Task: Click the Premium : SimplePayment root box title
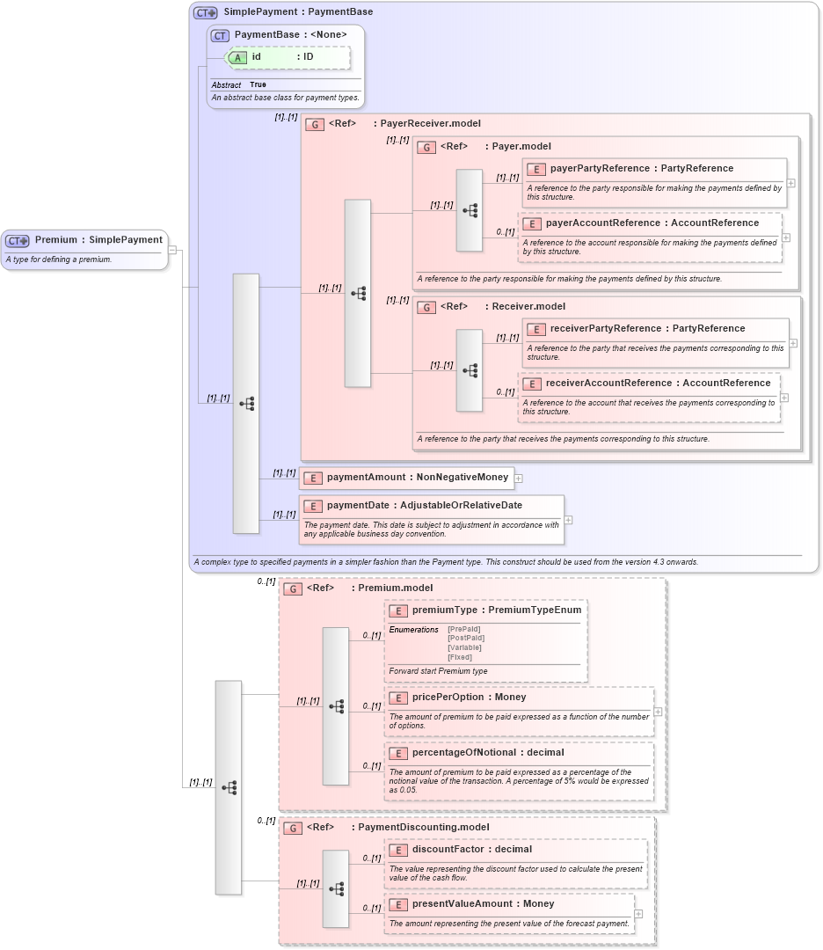[x=98, y=240]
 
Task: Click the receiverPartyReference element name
[x=605, y=328]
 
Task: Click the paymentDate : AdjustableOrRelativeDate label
[x=424, y=506]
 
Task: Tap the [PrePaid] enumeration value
[x=463, y=630]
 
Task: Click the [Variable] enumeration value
[x=464, y=648]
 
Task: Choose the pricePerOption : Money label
[x=469, y=697]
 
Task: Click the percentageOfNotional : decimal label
[x=488, y=752]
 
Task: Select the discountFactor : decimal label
[x=471, y=850]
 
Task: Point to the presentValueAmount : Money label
[x=483, y=903]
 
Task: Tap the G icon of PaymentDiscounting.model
[x=293, y=828]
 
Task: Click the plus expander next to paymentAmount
[x=519, y=479]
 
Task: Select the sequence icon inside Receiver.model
[x=470, y=370]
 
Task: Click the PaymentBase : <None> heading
[x=290, y=34]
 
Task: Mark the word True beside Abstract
[x=258, y=84]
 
